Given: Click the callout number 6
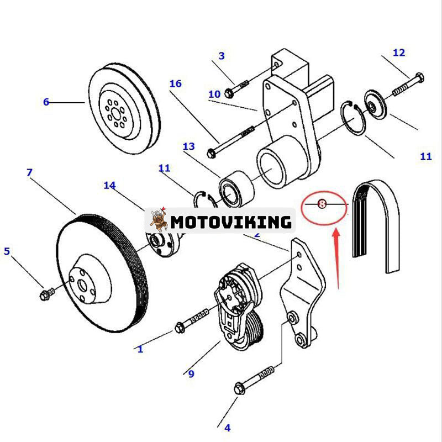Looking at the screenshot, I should click(x=46, y=102).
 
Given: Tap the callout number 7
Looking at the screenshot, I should click(x=29, y=173).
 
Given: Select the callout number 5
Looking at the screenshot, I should click(x=7, y=251).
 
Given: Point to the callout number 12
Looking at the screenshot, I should click(x=399, y=53).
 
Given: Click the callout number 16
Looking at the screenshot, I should click(x=175, y=84).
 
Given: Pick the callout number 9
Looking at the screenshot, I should click(x=191, y=374).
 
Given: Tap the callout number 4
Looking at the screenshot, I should click(x=227, y=427).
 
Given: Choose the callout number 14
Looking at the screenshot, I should click(x=109, y=185).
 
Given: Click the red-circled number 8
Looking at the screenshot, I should click(x=323, y=204).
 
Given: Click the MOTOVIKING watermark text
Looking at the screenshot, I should click(x=230, y=222).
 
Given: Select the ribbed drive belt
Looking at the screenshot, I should click(x=376, y=227).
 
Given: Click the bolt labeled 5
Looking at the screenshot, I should click(x=46, y=293).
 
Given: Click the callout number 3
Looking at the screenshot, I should click(x=222, y=56).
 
